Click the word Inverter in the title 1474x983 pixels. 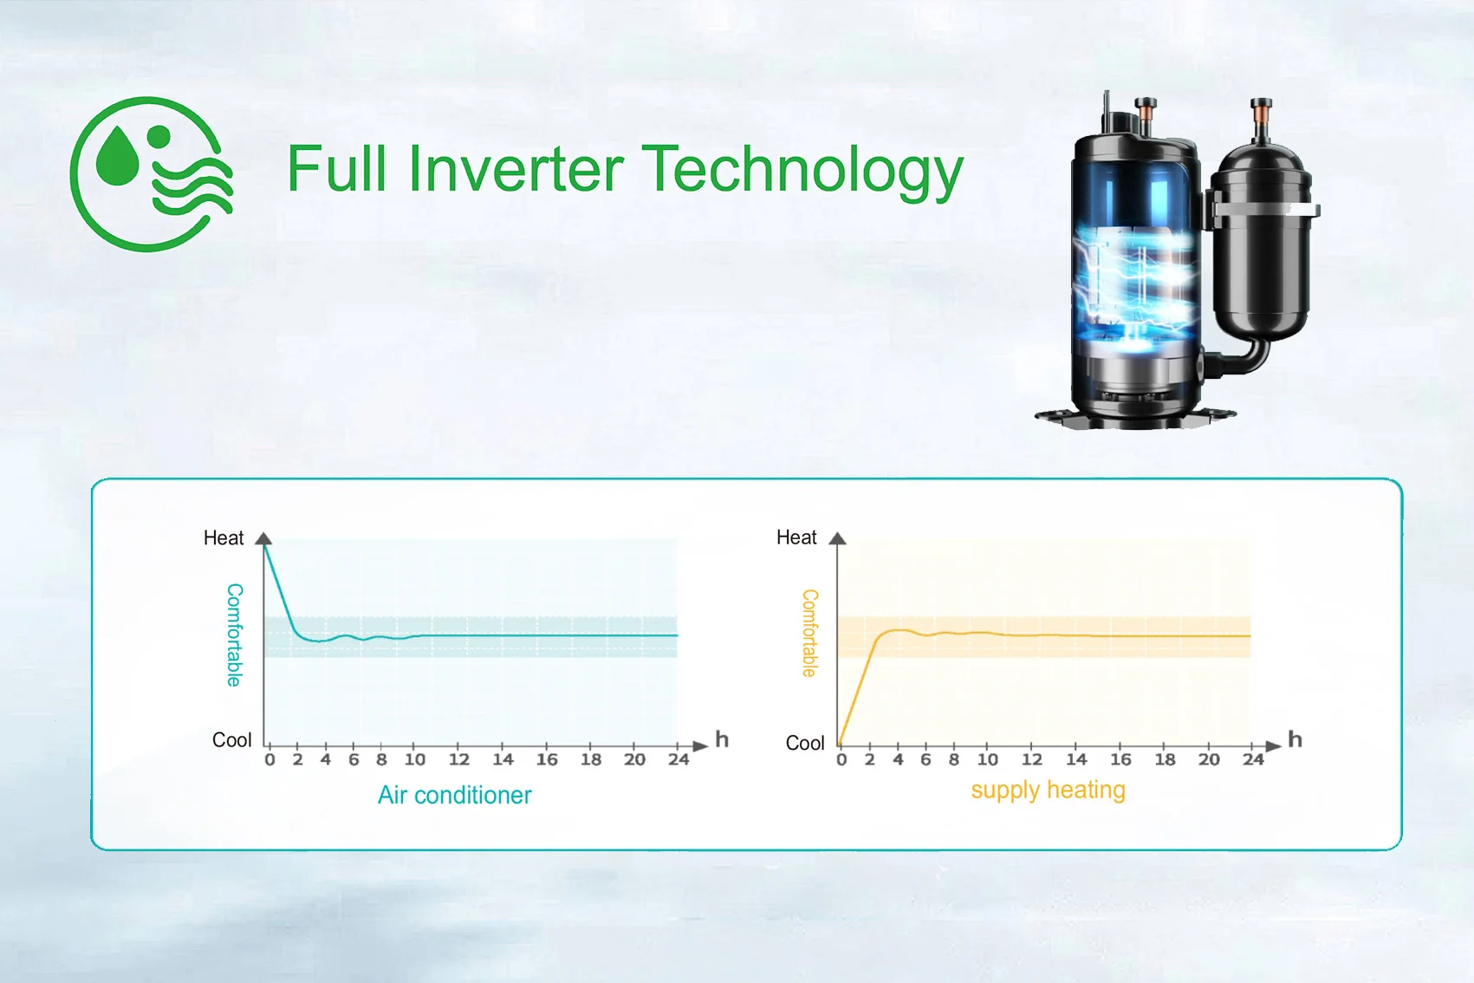(516, 169)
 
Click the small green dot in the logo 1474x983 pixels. (159, 137)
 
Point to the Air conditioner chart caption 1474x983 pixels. (454, 795)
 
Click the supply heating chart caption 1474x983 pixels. (1048, 791)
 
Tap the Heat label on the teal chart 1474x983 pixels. (224, 538)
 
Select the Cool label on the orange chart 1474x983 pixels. (804, 743)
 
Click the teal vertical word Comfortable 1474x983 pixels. (234, 635)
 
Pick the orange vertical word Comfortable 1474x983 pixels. (809, 633)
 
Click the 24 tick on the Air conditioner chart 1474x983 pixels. (679, 760)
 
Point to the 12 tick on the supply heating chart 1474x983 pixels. (1031, 760)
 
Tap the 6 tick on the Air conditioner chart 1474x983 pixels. (354, 760)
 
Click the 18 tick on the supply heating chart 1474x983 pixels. (1165, 760)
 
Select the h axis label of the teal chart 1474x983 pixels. (722, 739)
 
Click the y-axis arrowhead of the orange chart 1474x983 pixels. (837, 538)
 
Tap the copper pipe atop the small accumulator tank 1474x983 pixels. (1261, 120)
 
